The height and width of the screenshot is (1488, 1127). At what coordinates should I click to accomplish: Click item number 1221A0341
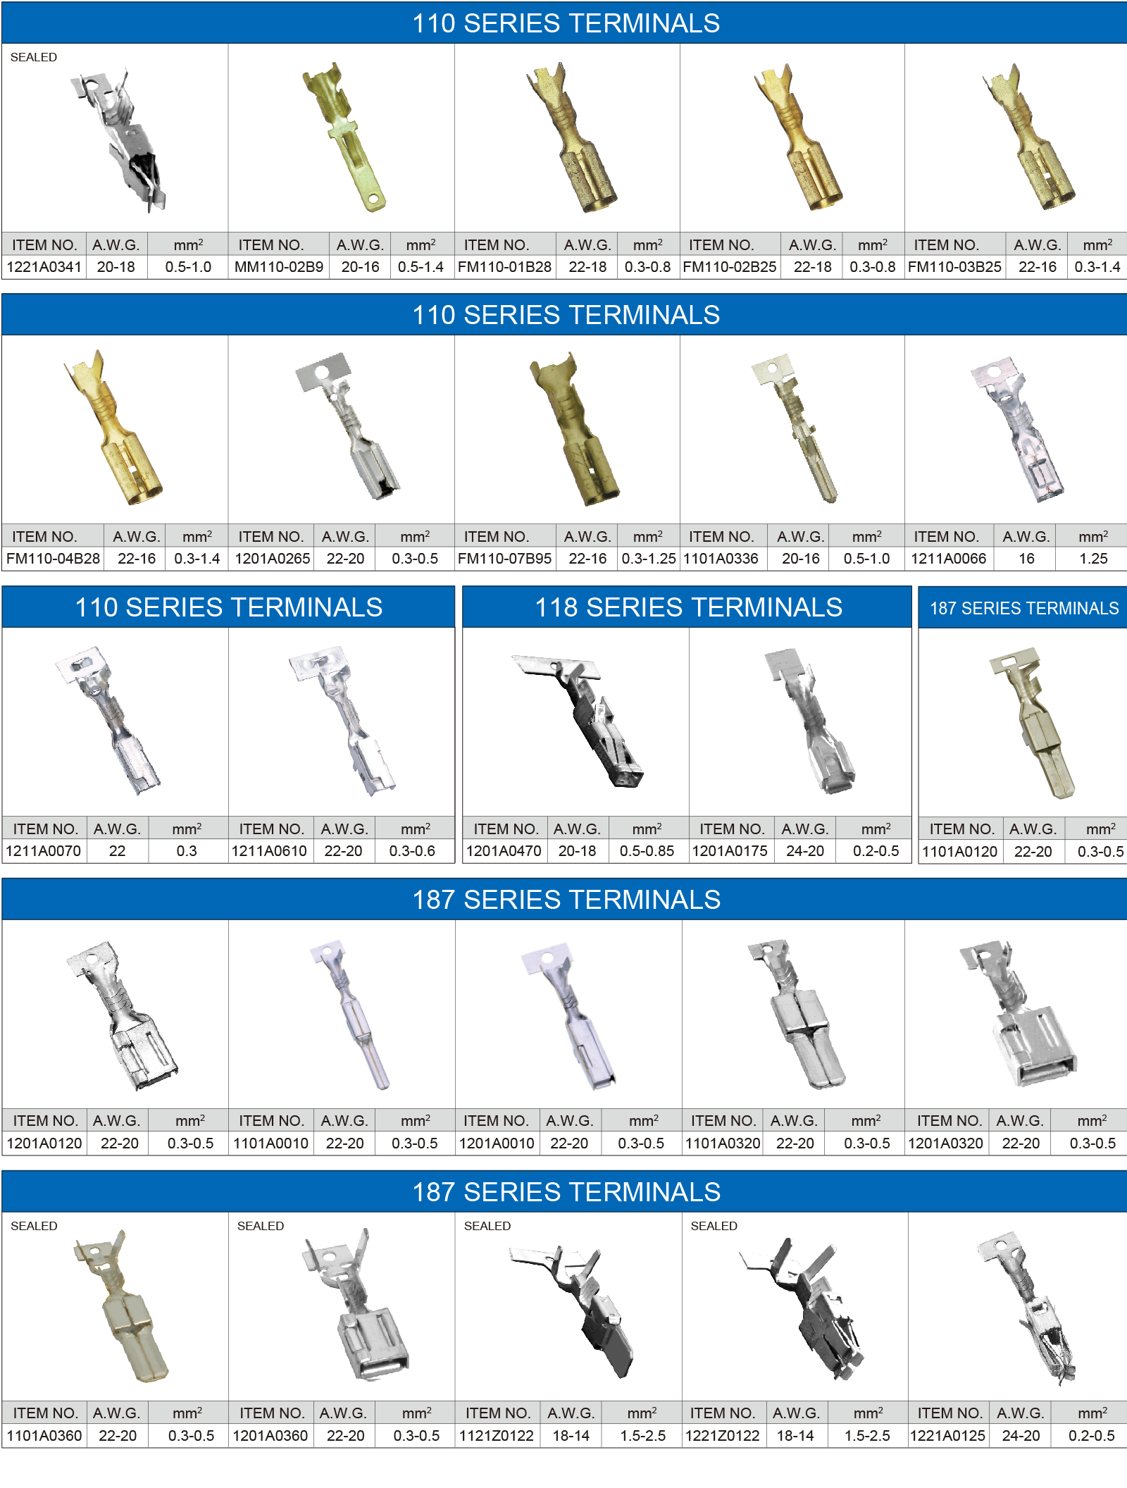44,267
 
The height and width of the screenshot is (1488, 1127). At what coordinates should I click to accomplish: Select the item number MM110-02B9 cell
279,267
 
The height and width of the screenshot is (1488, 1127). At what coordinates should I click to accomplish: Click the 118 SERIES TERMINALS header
688,607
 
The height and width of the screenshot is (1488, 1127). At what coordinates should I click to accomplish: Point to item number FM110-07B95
504,559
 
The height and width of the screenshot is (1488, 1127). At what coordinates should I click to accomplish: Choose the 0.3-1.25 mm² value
649,559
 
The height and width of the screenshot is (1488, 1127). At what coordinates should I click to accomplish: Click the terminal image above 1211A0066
1017,429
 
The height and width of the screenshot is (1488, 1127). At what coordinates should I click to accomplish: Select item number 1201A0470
504,851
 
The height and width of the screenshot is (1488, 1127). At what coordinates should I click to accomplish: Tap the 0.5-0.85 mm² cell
647,851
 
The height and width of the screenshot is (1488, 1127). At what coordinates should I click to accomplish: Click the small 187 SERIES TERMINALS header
1024,608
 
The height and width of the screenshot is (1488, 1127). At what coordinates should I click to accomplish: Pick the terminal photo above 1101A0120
1033,723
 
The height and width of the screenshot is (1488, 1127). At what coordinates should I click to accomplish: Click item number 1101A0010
271,1143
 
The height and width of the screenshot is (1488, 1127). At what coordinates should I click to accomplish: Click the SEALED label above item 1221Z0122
714,1226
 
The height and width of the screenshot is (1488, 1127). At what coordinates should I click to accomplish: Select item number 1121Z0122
497,1436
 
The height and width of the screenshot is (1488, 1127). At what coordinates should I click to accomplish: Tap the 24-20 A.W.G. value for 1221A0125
1021,1436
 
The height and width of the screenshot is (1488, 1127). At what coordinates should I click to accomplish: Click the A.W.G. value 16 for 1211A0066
1026,559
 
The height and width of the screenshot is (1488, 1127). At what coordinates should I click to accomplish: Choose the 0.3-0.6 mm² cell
412,851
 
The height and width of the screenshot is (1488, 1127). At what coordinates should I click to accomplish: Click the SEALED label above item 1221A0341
34,57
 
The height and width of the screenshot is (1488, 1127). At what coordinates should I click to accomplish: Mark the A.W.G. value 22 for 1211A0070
117,851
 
